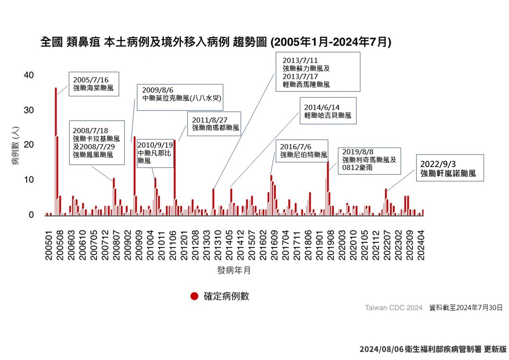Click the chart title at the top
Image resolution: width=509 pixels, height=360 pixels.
coord(216,42)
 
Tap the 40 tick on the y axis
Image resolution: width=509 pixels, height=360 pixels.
coord(29,75)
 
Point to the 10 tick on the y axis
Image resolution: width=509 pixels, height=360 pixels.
coord(29,180)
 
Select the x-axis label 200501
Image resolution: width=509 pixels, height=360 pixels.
coord(49,246)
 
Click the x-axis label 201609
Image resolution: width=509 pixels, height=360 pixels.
coord(274,246)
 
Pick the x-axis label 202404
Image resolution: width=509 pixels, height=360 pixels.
coord(421,246)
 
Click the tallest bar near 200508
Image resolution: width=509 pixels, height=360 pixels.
coord(56,151)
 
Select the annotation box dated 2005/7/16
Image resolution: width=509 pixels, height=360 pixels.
coord(94,84)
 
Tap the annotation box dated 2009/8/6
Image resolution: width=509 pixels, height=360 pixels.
coord(180,97)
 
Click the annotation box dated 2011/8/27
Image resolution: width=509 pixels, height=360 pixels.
coord(214,124)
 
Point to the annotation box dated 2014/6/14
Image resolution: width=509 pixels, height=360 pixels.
coord(328,111)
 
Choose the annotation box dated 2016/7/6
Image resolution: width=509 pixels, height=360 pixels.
coord(302,151)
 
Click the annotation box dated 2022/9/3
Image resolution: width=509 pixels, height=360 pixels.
coord(450,168)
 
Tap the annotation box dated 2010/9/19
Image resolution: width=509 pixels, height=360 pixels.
coord(155,153)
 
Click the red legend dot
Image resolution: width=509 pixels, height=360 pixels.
coord(194,296)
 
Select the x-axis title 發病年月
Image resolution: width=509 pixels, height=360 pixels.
coord(234,271)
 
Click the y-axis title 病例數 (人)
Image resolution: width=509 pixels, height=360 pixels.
coord(15,146)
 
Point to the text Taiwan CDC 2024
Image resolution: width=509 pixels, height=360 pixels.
coord(394,308)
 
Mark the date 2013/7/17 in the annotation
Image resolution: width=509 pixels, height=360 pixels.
coord(300,77)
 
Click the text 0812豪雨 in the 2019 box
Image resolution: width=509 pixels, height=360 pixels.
coord(357,168)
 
